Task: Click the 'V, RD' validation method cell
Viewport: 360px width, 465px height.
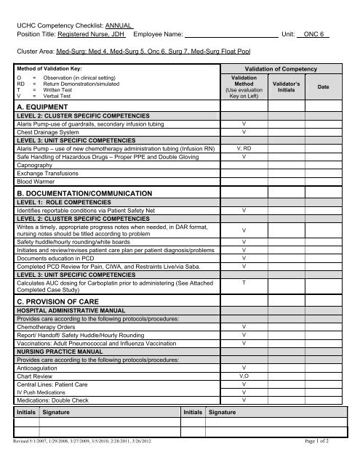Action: [244, 147]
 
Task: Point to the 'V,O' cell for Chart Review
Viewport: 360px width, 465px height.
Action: [244, 376]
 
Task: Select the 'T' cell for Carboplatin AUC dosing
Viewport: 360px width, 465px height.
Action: [244, 282]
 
